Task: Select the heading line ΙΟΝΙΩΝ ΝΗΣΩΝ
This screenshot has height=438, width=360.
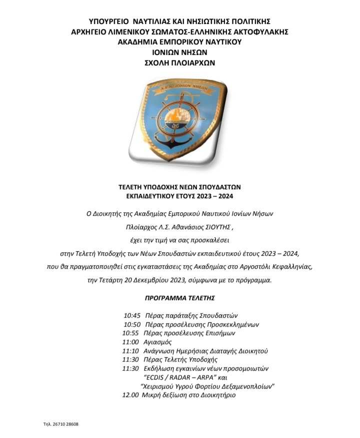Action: (x=179, y=52)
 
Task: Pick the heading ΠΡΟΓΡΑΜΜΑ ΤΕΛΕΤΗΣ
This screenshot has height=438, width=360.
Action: (x=179, y=298)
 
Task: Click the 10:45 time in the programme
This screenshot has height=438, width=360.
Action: (x=132, y=316)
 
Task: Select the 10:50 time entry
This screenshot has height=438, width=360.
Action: (x=132, y=324)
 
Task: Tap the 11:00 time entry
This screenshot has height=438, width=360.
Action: (x=130, y=342)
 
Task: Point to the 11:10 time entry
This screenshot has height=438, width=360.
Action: (x=130, y=351)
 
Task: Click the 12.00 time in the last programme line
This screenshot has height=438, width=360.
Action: (x=130, y=395)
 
